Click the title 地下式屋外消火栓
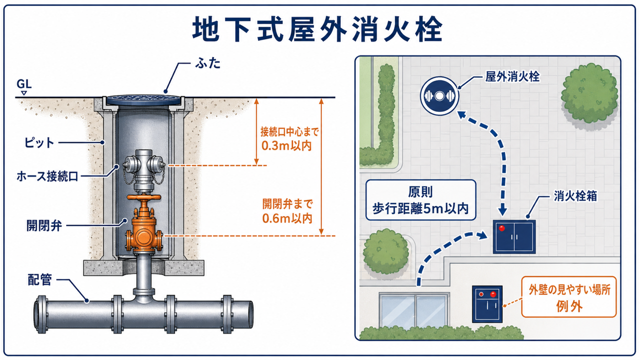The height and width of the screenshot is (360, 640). (x=317, y=29)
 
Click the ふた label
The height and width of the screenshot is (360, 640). (x=207, y=63)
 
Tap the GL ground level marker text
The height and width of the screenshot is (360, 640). (x=24, y=84)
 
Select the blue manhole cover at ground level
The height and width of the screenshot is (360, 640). (x=143, y=99)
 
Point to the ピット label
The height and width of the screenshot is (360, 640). (x=39, y=142)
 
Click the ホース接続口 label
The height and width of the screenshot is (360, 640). (x=47, y=176)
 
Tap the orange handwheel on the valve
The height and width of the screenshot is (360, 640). (x=143, y=197)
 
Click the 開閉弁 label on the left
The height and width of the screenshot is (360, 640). (x=44, y=225)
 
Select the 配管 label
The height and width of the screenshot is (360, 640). (x=39, y=279)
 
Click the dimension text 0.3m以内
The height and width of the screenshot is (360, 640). (x=286, y=145)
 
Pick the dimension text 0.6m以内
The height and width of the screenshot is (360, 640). (x=287, y=218)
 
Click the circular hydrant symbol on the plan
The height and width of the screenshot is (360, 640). (x=439, y=96)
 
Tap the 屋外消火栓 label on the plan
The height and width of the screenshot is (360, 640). (x=512, y=77)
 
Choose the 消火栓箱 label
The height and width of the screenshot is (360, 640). (x=575, y=196)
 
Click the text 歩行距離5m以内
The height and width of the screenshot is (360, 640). (x=420, y=209)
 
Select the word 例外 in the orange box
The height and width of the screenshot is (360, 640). (x=569, y=306)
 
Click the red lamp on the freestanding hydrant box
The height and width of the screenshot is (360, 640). (x=501, y=228)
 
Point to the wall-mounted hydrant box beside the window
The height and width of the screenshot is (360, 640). (x=487, y=304)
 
